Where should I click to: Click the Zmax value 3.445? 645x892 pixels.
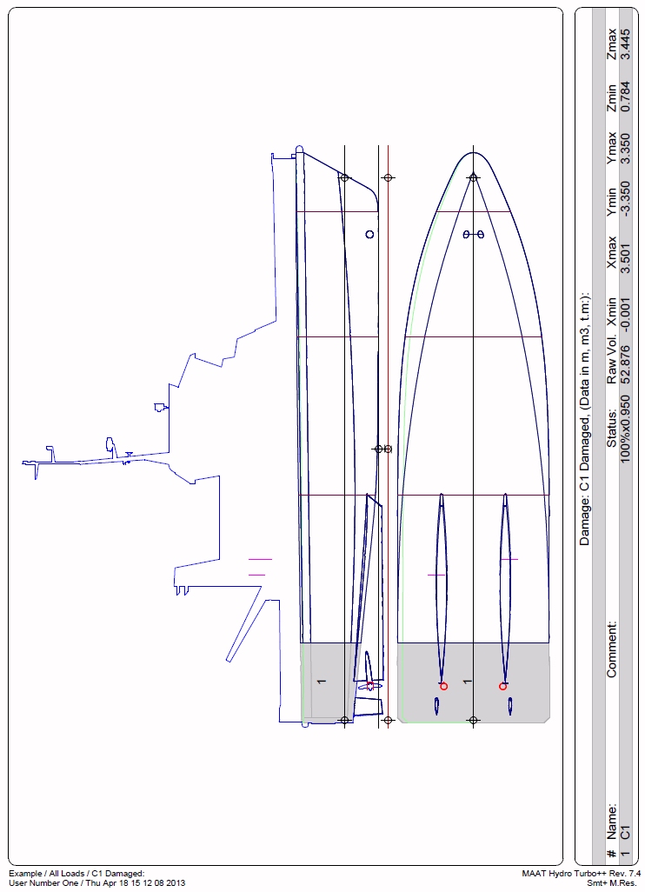pyautogui.click(x=625, y=43)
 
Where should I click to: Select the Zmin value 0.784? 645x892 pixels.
pyautogui.click(x=625, y=97)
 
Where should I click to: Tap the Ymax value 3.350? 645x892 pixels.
pyautogui.click(x=625, y=149)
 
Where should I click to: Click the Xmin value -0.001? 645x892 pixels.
pyautogui.click(x=625, y=313)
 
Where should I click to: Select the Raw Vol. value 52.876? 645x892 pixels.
pyautogui.click(x=625, y=364)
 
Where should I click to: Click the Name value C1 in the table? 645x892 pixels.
pyautogui.click(x=625, y=831)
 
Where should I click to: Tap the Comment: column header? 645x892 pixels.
pyautogui.click(x=611, y=649)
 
